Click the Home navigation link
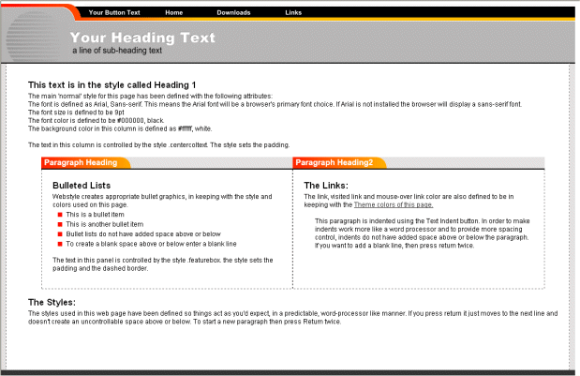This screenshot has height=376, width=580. click(x=173, y=12)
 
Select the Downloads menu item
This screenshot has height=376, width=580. click(x=233, y=12)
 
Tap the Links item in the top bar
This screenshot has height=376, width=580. click(x=293, y=12)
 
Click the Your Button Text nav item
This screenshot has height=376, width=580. click(x=114, y=12)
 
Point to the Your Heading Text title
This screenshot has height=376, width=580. click(x=142, y=38)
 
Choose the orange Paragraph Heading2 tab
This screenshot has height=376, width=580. click(x=334, y=162)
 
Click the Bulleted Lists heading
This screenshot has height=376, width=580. click(x=82, y=186)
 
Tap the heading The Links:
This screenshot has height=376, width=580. click(x=326, y=186)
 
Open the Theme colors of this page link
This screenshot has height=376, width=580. click(x=393, y=203)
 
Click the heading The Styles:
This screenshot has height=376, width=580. click(x=52, y=302)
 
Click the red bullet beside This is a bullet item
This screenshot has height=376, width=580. click(x=59, y=216)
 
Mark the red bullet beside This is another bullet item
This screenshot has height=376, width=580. click(x=59, y=225)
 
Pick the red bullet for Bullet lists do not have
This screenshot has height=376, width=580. click(x=59, y=233)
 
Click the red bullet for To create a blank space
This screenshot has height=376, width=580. click(x=59, y=243)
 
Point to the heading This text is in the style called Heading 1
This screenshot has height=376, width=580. click(x=112, y=84)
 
